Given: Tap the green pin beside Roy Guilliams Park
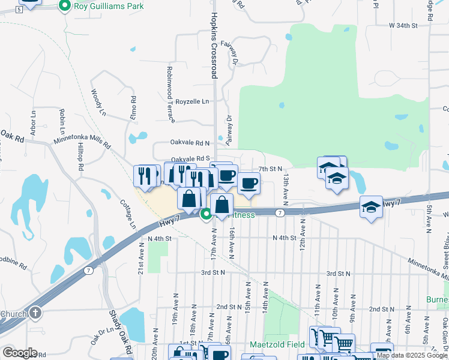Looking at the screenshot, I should tap(65, 6).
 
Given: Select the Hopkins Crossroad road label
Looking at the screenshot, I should tap(214, 39).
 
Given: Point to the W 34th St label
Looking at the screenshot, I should tap(402, 26).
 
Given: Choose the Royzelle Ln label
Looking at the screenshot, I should tap(191, 102).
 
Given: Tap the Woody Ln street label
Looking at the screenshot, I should tap(98, 103).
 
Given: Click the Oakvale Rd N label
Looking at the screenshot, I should tap(190, 143).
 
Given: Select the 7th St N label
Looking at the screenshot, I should tap(270, 169).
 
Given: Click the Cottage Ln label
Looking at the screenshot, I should tap(128, 214).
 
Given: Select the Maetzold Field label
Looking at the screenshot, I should tap(277, 345).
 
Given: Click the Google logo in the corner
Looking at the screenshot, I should tap(19, 353).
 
